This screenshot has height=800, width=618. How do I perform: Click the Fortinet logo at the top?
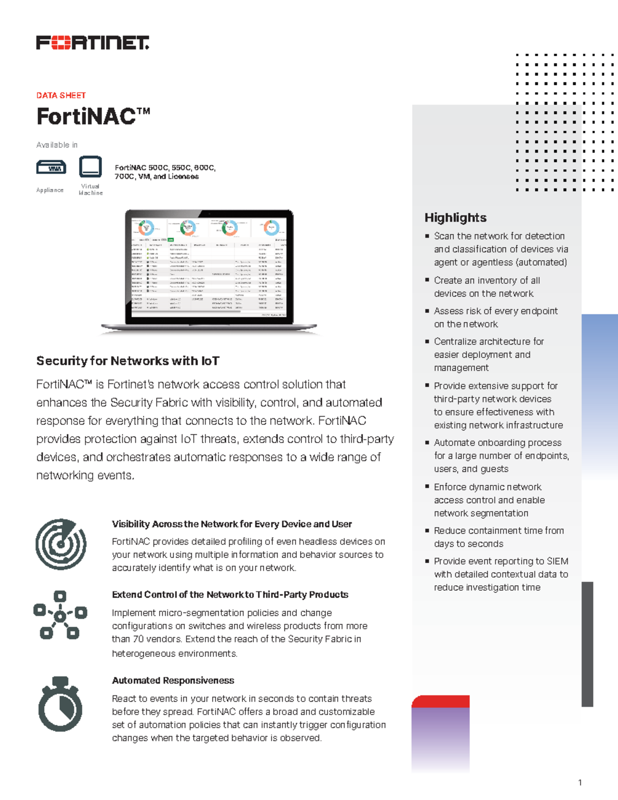click(x=93, y=43)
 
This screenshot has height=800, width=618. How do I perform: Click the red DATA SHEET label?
click(x=61, y=95)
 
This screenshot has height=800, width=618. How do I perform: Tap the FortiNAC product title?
click(x=93, y=116)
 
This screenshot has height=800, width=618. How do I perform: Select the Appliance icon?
click(x=51, y=168)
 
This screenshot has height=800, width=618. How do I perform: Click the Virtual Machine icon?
click(x=90, y=167)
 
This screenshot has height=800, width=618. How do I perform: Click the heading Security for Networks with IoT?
click(x=128, y=361)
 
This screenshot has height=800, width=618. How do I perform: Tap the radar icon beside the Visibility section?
click(x=61, y=544)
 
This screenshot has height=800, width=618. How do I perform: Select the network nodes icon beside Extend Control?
click(x=60, y=615)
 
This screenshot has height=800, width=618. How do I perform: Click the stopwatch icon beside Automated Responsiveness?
click(x=60, y=704)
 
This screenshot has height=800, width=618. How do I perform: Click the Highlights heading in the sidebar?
click(x=455, y=217)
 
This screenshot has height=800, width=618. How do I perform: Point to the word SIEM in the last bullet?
click(x=557, y=561)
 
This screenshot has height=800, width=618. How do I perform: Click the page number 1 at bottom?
click(x=580, y=782)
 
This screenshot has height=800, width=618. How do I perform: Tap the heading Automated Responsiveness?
click(x=173, y=680)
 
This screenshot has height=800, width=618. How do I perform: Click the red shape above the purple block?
click(x=440, y=701)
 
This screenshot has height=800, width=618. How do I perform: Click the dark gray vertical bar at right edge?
click(x=587, y=644)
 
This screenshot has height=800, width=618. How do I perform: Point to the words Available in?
click(x=57, y=145)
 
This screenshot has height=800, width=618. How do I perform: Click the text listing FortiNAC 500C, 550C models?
click(x=165, y=172)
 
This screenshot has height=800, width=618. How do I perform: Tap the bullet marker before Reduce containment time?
click(x=427, y=530)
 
